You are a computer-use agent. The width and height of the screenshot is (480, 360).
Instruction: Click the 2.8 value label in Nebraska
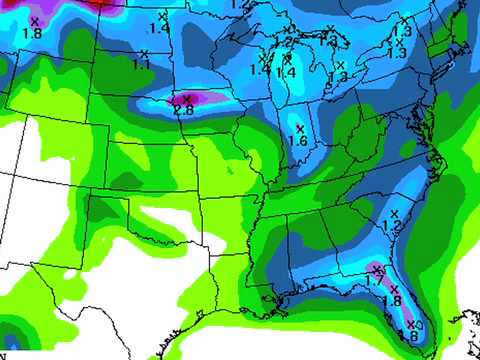pyautogui.click(x=184, y=109)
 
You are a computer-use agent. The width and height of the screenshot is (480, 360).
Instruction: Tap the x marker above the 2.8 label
pyautogui.click(x=185, y=98)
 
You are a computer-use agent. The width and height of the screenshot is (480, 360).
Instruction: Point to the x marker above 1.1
pyautogui.click(x=144, y=54)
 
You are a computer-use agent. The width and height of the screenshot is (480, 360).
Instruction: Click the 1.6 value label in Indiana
pyautogui.click(x=297, y=141)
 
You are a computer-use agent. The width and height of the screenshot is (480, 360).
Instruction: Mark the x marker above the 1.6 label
pyautogui.click(x=298, y=129)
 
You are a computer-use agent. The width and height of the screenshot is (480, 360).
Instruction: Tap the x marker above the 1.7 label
pyautogui.click(x=376, y=269)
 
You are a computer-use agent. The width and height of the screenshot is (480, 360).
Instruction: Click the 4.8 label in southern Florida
pyautogui.click(x=409, y=334)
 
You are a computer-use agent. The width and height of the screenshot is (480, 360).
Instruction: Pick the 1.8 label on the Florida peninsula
pyautogui.click(x=392, y=301)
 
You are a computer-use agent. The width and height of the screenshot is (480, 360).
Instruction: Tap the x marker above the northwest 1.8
pyautogui.click(x=34, y=21)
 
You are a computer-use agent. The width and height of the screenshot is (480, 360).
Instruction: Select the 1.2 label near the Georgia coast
pyautogui.click(x=391, y=228)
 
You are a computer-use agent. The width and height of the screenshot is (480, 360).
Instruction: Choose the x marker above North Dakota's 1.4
pyautogui.click(x=163, y=17)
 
